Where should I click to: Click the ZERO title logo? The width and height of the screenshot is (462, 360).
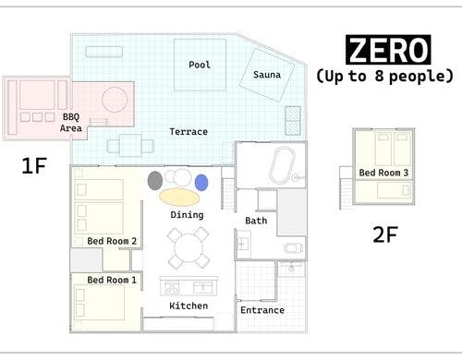coord(388,50)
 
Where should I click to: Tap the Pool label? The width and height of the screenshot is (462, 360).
coord(200,65)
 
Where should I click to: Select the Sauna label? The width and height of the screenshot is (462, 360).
coord(267,75)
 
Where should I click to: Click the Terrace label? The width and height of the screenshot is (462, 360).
coord(188,132)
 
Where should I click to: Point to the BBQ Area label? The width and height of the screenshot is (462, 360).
coord(71,123)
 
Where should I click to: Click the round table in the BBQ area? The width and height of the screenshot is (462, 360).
coord(115,100)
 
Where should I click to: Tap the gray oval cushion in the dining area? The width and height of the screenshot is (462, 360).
coord(155,181)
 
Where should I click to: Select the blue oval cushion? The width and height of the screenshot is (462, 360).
coord(201,183)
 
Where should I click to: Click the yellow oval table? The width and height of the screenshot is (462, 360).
coord(179,197)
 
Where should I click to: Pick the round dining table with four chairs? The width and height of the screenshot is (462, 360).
coord(188,247)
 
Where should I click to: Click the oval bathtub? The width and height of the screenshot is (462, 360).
coord(282,165)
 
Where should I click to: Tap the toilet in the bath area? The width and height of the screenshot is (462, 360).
coord(293,247)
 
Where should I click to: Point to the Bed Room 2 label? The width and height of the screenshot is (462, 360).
coord(112,241)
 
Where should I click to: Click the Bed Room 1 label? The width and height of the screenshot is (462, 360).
coord(112,280)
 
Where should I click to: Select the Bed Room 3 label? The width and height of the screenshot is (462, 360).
coord(383,173)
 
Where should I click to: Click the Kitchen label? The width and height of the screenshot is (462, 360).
coord(188,306)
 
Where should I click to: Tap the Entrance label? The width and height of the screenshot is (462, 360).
coord(262,310)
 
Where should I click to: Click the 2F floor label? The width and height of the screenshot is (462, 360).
coord(385,234)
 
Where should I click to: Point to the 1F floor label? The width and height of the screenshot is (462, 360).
coord(34,165)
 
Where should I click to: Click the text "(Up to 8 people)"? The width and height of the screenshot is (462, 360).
coord(384,76)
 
